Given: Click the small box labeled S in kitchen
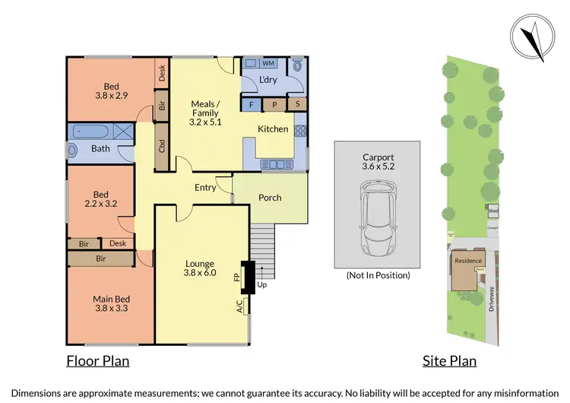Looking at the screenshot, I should pos(298,104).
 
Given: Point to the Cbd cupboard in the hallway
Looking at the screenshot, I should pos(162,146).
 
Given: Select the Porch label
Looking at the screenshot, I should pos(270,198).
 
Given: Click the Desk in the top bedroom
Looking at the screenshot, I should pos(162,73).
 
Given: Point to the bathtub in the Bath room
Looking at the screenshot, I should pos(99,132).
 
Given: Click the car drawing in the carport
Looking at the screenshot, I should pos(377,219).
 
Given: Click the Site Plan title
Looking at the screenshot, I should pos(449,360).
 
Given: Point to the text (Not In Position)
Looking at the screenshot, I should pos(377,275).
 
